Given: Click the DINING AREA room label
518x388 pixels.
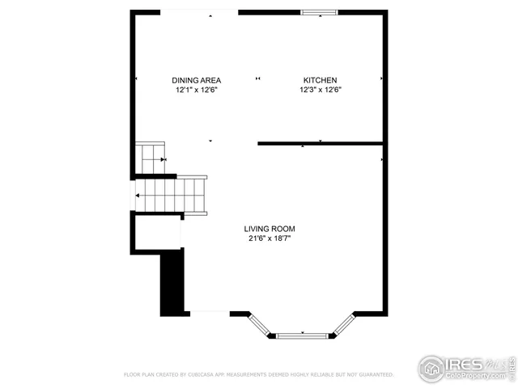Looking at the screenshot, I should (x=196, y=80).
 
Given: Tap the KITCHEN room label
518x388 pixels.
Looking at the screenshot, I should (x=320, y=80).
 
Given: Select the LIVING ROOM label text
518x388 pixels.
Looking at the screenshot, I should (x=271, y=229).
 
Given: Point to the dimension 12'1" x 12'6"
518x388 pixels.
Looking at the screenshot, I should (x=196, y=91).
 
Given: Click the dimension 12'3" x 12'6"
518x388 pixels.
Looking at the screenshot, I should (x=320, y=91).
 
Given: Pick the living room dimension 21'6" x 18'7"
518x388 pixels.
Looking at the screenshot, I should (x=271, y=239).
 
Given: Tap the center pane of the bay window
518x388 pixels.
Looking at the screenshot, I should (x=303, y=334).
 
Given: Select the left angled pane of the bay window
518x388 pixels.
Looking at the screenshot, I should (x=261, y=323).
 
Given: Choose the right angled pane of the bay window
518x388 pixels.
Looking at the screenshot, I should (x=344, y=323).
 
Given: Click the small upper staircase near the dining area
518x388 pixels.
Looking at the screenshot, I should (x=151, y=158).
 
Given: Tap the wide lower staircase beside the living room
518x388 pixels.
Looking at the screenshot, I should (x=170, y=195).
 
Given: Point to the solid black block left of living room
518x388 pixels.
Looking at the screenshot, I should (x=172, y=283).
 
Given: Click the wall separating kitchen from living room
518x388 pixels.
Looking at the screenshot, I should (x=320, y=144).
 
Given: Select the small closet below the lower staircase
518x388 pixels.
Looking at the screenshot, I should (x=157, y=234).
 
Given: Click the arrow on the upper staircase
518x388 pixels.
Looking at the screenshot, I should (x=163, y=159).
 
